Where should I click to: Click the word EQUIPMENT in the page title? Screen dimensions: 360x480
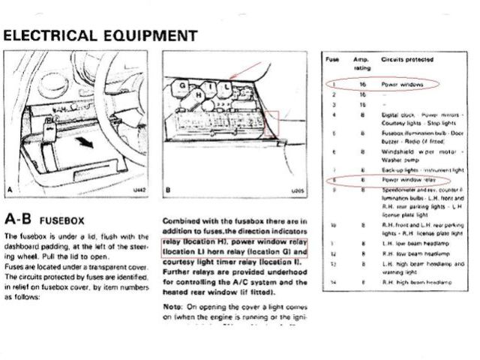pyautogui.click(x=150, y=35)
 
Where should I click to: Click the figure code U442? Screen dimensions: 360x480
pyautogui.click(x=139, y=191)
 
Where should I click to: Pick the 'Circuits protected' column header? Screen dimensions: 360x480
pyautogui.click(x=406, y=58)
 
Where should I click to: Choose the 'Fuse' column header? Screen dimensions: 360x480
pyautogui.click(x=331, y=58)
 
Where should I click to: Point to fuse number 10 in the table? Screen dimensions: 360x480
pyautogui.click(x=331, y=223)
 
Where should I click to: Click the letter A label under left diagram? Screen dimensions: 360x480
pyautogui.click(x=8, y=191)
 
